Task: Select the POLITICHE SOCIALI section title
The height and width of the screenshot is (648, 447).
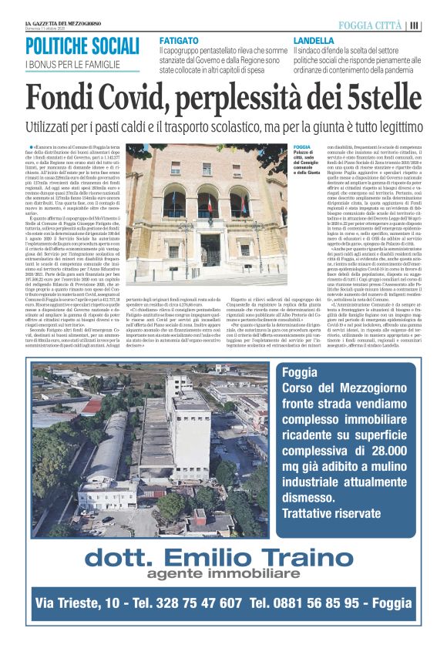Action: pos(82,45)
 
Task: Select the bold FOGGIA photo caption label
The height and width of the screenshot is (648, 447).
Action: pos(302,146)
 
